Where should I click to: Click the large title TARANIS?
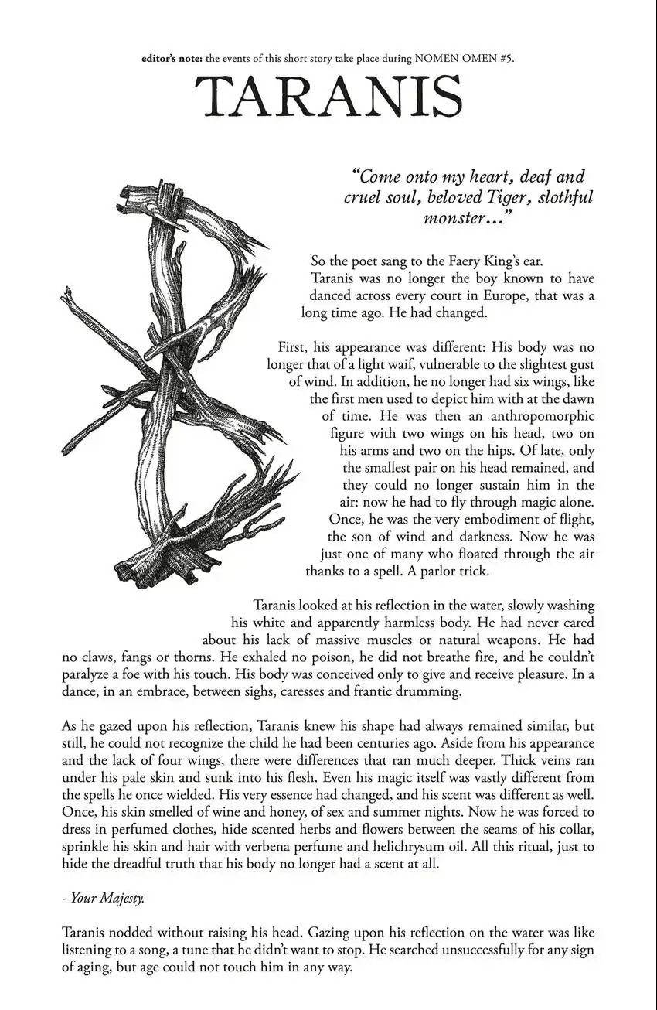[328, 98]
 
